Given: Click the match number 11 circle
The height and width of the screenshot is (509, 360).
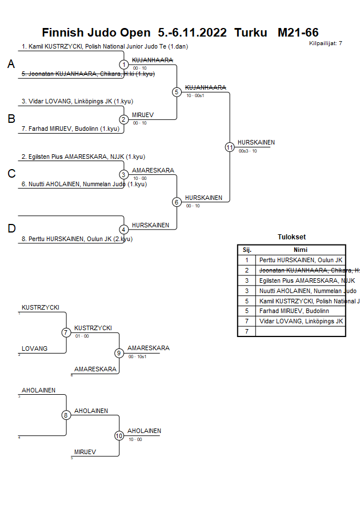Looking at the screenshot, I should click(x=230, y=147).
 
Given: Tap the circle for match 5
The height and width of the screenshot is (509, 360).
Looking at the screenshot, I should click(x=177, y=92).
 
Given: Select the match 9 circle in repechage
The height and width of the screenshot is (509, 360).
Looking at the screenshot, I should click(x=119, y=353).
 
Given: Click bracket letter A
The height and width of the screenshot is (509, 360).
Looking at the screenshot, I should click(x=11, y=65).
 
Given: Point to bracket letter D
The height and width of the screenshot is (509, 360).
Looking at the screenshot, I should click(x=11, y=229).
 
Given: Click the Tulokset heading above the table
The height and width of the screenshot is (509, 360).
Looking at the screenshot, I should click(x=291, y=237).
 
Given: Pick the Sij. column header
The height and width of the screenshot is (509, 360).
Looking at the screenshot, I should click(x=247, y=250).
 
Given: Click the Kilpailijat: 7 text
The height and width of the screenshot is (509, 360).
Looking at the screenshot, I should click(x=326, y=43).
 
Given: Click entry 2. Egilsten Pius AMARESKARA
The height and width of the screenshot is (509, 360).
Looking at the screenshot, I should click(x=83, y=157).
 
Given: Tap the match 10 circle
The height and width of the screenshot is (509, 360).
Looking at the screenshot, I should click(x=119, y=436).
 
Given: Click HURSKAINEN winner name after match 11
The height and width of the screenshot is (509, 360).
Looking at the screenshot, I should click(x=256, y=142).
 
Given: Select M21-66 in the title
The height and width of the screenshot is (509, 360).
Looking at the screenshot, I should click(x=298, y=33).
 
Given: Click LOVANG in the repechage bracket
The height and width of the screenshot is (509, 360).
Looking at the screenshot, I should click(x=35, y=348).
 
